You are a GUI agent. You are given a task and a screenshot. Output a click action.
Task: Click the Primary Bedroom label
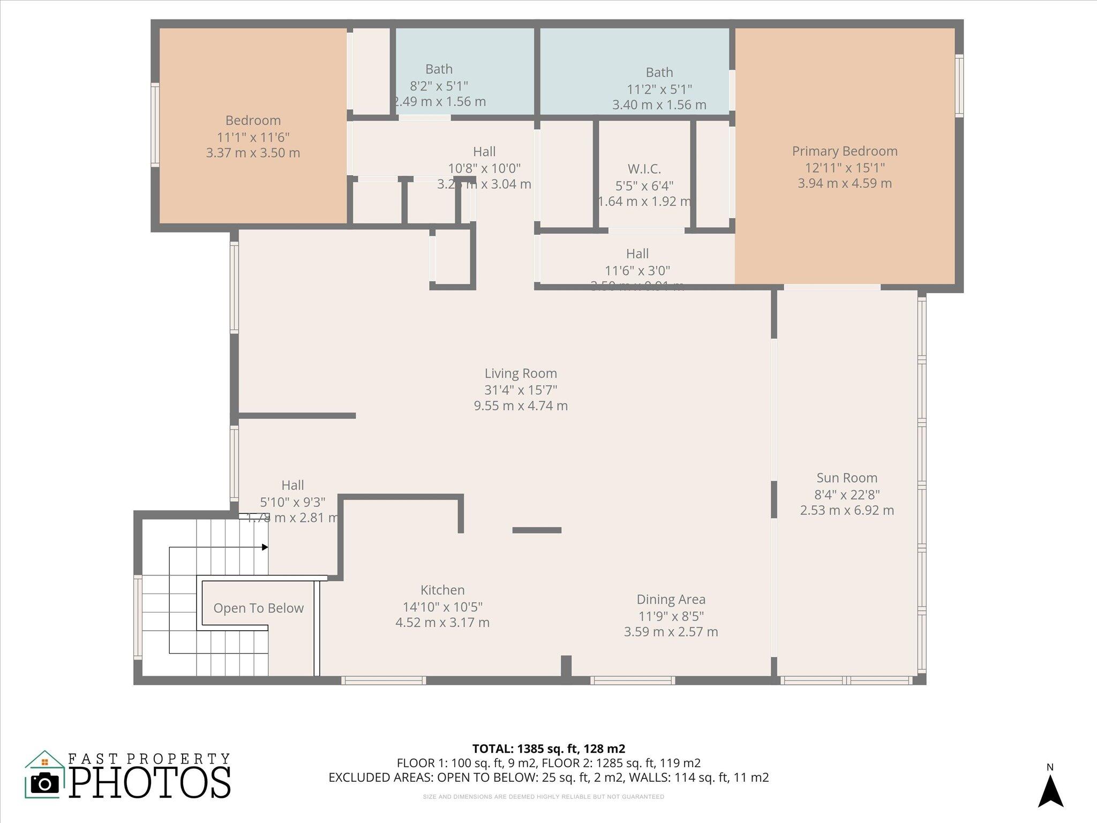click(x=845, y=151)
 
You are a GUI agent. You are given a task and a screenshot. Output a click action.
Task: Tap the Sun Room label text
click(x=847, y=478)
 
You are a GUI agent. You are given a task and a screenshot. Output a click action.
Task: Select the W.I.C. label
click(x=644, y=169)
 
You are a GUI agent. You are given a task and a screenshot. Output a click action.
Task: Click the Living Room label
click(x=521, y=373)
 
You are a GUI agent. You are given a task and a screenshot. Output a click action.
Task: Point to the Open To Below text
click(x=258, y=608)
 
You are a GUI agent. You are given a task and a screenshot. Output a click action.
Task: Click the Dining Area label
click(x=671, y=600)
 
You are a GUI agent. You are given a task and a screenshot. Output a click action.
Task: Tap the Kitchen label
click(x=442, y=590)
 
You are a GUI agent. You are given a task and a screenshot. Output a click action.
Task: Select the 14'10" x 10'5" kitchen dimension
click(x=442, y=607)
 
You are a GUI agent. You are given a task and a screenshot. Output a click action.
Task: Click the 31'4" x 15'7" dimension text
click(x=521, y=390)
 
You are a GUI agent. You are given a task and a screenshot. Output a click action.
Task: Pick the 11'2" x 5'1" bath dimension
click(x=659, y=89)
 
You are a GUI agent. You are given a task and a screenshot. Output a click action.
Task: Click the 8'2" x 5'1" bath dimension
click(x=439, y=86)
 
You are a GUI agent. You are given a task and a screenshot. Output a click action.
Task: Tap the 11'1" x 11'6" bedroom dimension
click(x=253, y=137)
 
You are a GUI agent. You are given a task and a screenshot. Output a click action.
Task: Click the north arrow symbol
click(x=1050, y=791)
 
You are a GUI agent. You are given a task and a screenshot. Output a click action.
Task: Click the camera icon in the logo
click(x=44, y=783)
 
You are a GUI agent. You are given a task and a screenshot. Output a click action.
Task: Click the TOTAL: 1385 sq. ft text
click(x=548, y=749)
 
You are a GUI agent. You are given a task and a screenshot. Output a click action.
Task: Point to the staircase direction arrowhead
click(x=265, y=547)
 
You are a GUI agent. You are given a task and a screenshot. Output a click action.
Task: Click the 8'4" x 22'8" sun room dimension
click(x=847, y=495)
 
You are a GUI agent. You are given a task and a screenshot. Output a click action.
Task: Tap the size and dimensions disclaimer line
click(x=543, y=797)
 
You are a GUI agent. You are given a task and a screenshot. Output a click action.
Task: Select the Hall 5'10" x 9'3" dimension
click(x=292, y=502)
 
